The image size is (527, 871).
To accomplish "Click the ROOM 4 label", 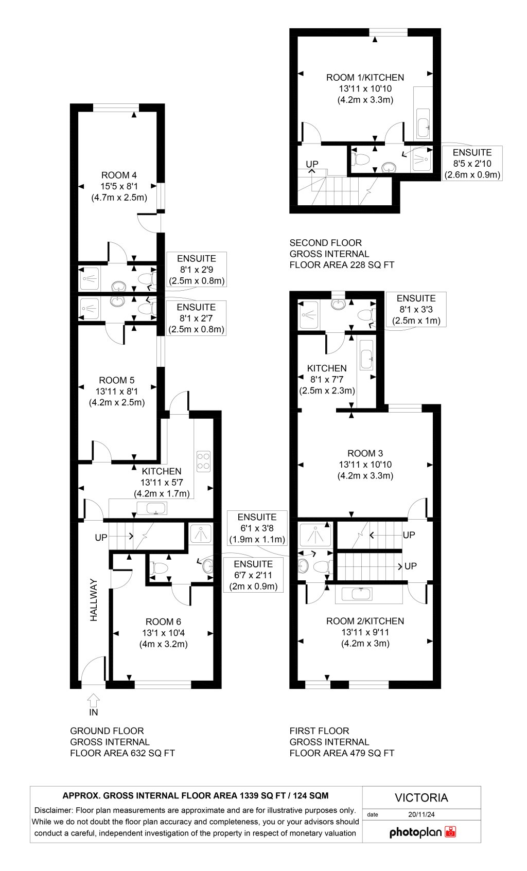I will tap(119, 175).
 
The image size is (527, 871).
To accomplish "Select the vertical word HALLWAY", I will tap(94, 600).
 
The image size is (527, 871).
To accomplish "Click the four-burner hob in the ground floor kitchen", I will tap(204, 461).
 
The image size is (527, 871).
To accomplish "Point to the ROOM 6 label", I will tap(163, 621).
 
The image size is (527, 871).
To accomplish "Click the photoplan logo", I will tap(422, 832).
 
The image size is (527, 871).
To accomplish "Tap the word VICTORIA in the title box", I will tap(421, 797).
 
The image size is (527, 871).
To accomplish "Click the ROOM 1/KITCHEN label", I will tap(365, 78).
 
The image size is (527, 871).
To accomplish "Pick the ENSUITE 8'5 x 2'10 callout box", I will tap(472, 163).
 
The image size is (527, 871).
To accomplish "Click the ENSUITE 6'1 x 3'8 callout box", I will tap(257, 528).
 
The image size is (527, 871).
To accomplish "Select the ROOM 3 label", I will tap(365, 453).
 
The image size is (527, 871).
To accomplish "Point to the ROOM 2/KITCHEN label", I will tap(365, 621).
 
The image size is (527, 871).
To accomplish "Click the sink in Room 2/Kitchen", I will tap(368, 595).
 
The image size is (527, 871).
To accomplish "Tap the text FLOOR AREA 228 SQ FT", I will tap(342, 265).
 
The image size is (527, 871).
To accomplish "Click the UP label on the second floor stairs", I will tap(312, 164).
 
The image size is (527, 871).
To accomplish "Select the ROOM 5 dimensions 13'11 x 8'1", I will tap(117, 392).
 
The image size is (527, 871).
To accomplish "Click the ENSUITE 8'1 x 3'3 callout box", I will tap(416, 309).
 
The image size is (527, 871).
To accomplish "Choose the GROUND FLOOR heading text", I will tap(107, 731).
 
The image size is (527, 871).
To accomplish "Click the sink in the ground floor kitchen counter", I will tap(152, 508).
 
